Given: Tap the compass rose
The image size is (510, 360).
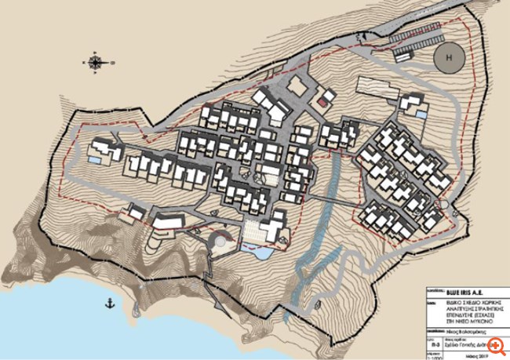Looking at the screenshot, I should pos(95,62).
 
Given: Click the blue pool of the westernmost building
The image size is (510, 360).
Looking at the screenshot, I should pos(94,160).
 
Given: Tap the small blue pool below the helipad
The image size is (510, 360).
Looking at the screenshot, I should pos(422,115).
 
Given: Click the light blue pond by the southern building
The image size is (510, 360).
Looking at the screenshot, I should pos(260,253).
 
